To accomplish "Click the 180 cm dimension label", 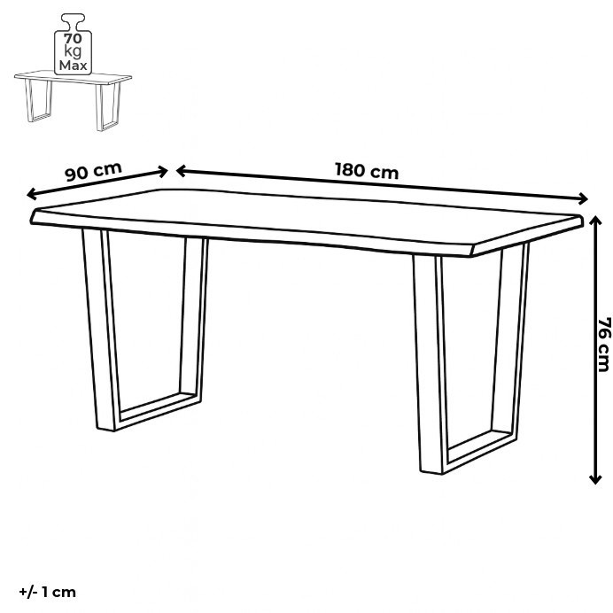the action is point(367,170).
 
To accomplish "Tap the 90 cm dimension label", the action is point(93,171).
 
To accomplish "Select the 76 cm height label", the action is point(603,345).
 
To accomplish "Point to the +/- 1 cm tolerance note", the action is point(47,592).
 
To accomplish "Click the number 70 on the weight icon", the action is point(74,39).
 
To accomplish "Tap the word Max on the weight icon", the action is point(74,65).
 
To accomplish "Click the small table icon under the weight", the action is point(73,100).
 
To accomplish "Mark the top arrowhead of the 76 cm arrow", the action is point(595,220).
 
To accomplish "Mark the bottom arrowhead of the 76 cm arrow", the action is point(595,477).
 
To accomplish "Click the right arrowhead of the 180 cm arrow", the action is point(583,198).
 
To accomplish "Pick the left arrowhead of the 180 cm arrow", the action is point(182,171).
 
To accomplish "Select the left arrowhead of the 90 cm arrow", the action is point(32,194).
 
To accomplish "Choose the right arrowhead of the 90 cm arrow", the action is point(163,171).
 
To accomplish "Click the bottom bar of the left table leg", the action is point(158,411).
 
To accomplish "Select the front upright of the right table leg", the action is point(429,364).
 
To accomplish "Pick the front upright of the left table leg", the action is point(99,330).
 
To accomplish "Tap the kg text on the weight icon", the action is point(74,52).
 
